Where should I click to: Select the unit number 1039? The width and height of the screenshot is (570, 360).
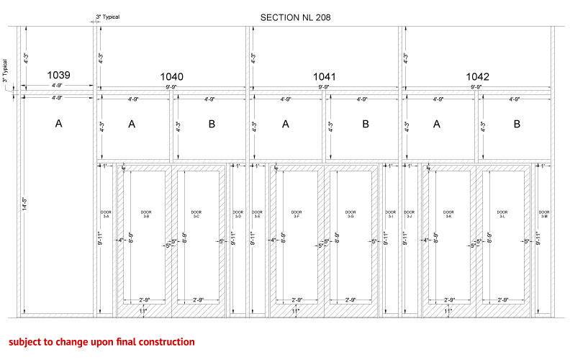(x=59, y=75)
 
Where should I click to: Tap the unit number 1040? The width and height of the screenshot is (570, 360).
(x=171, y=77)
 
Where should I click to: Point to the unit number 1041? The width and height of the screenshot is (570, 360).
(x=325, y=77)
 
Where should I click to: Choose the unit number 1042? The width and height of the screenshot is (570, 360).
(x=478, y=77)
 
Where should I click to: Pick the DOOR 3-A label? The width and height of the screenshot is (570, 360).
(x=106, y=215)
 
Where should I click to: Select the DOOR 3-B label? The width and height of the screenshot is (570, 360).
(x=146, y=215)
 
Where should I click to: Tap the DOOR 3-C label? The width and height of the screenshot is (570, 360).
(x=196, y=215)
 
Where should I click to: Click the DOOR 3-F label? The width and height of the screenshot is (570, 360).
(x=298, y=215)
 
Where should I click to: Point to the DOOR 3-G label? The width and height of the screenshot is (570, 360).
(x=350, y=215)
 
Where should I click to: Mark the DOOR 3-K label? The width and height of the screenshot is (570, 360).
(x=450, y=215)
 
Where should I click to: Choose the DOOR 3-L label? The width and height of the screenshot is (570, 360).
(x=502, y=215)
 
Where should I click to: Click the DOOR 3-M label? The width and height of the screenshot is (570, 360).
(x=544, y=215)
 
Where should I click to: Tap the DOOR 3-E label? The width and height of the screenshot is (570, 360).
(x=258, y=215)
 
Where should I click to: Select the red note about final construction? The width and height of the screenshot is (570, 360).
(x=101, y=341)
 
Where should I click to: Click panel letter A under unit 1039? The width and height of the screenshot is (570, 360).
(x=59, y=124)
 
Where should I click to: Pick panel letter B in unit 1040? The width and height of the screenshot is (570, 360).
(x=212, y=124)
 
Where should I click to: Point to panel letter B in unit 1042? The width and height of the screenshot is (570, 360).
(x=517, y=124)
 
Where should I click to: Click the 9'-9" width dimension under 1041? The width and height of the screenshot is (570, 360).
(x=325, y=87)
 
